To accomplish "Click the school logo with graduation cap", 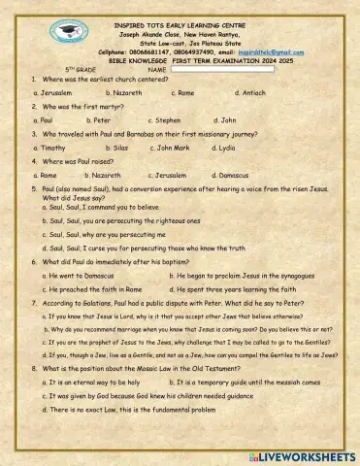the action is (x=68, y=32).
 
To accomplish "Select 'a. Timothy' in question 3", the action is (x=50, y=148).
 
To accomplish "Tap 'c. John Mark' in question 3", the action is (x=170, y=148).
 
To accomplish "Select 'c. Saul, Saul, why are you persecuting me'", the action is (x=108, y=234).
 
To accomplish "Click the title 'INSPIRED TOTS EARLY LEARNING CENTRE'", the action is (x=180, y=19).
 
